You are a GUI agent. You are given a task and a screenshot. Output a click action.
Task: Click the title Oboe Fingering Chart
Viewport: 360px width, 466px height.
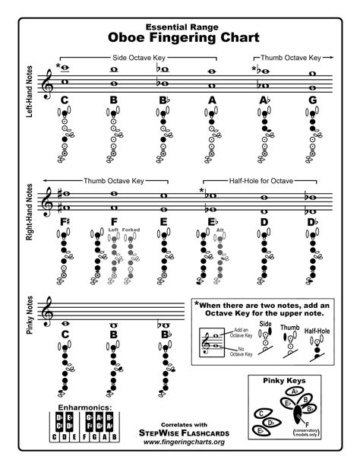point(180,36)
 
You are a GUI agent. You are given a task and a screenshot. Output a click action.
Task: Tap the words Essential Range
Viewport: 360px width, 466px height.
point(180,23)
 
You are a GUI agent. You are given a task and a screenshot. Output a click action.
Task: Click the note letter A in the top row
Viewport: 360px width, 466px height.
point(212,100)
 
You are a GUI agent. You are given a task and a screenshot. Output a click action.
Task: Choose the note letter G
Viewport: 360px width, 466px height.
point(312,100)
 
